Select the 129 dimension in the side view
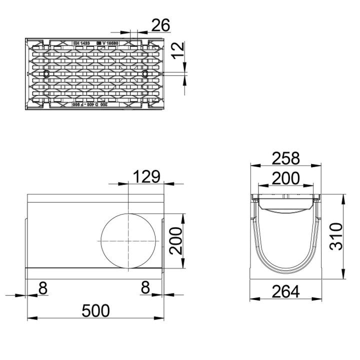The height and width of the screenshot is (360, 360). click(146, 176)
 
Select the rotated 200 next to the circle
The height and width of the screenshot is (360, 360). click(175, 240)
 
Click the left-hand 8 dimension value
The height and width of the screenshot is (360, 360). click(42, 287)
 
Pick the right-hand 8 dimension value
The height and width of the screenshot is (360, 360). click(145, 287)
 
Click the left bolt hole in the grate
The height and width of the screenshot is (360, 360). click(46, 74)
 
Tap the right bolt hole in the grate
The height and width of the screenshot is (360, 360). click(144, 74)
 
